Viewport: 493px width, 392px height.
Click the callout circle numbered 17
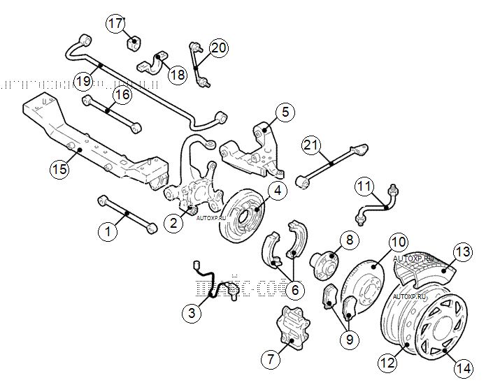coord(115,23)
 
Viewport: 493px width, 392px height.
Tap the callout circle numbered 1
coord(107,230)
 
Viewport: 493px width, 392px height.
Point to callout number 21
coord(311,145)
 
